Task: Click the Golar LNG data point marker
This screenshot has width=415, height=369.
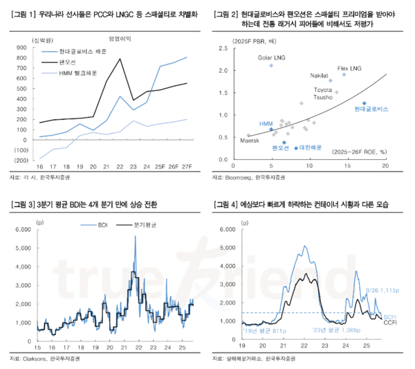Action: click(271, 66)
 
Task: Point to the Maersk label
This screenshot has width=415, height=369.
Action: click(249, 141)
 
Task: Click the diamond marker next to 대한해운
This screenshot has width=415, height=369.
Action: click(296, 147)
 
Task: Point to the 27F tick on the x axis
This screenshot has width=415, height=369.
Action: click(185, 167)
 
